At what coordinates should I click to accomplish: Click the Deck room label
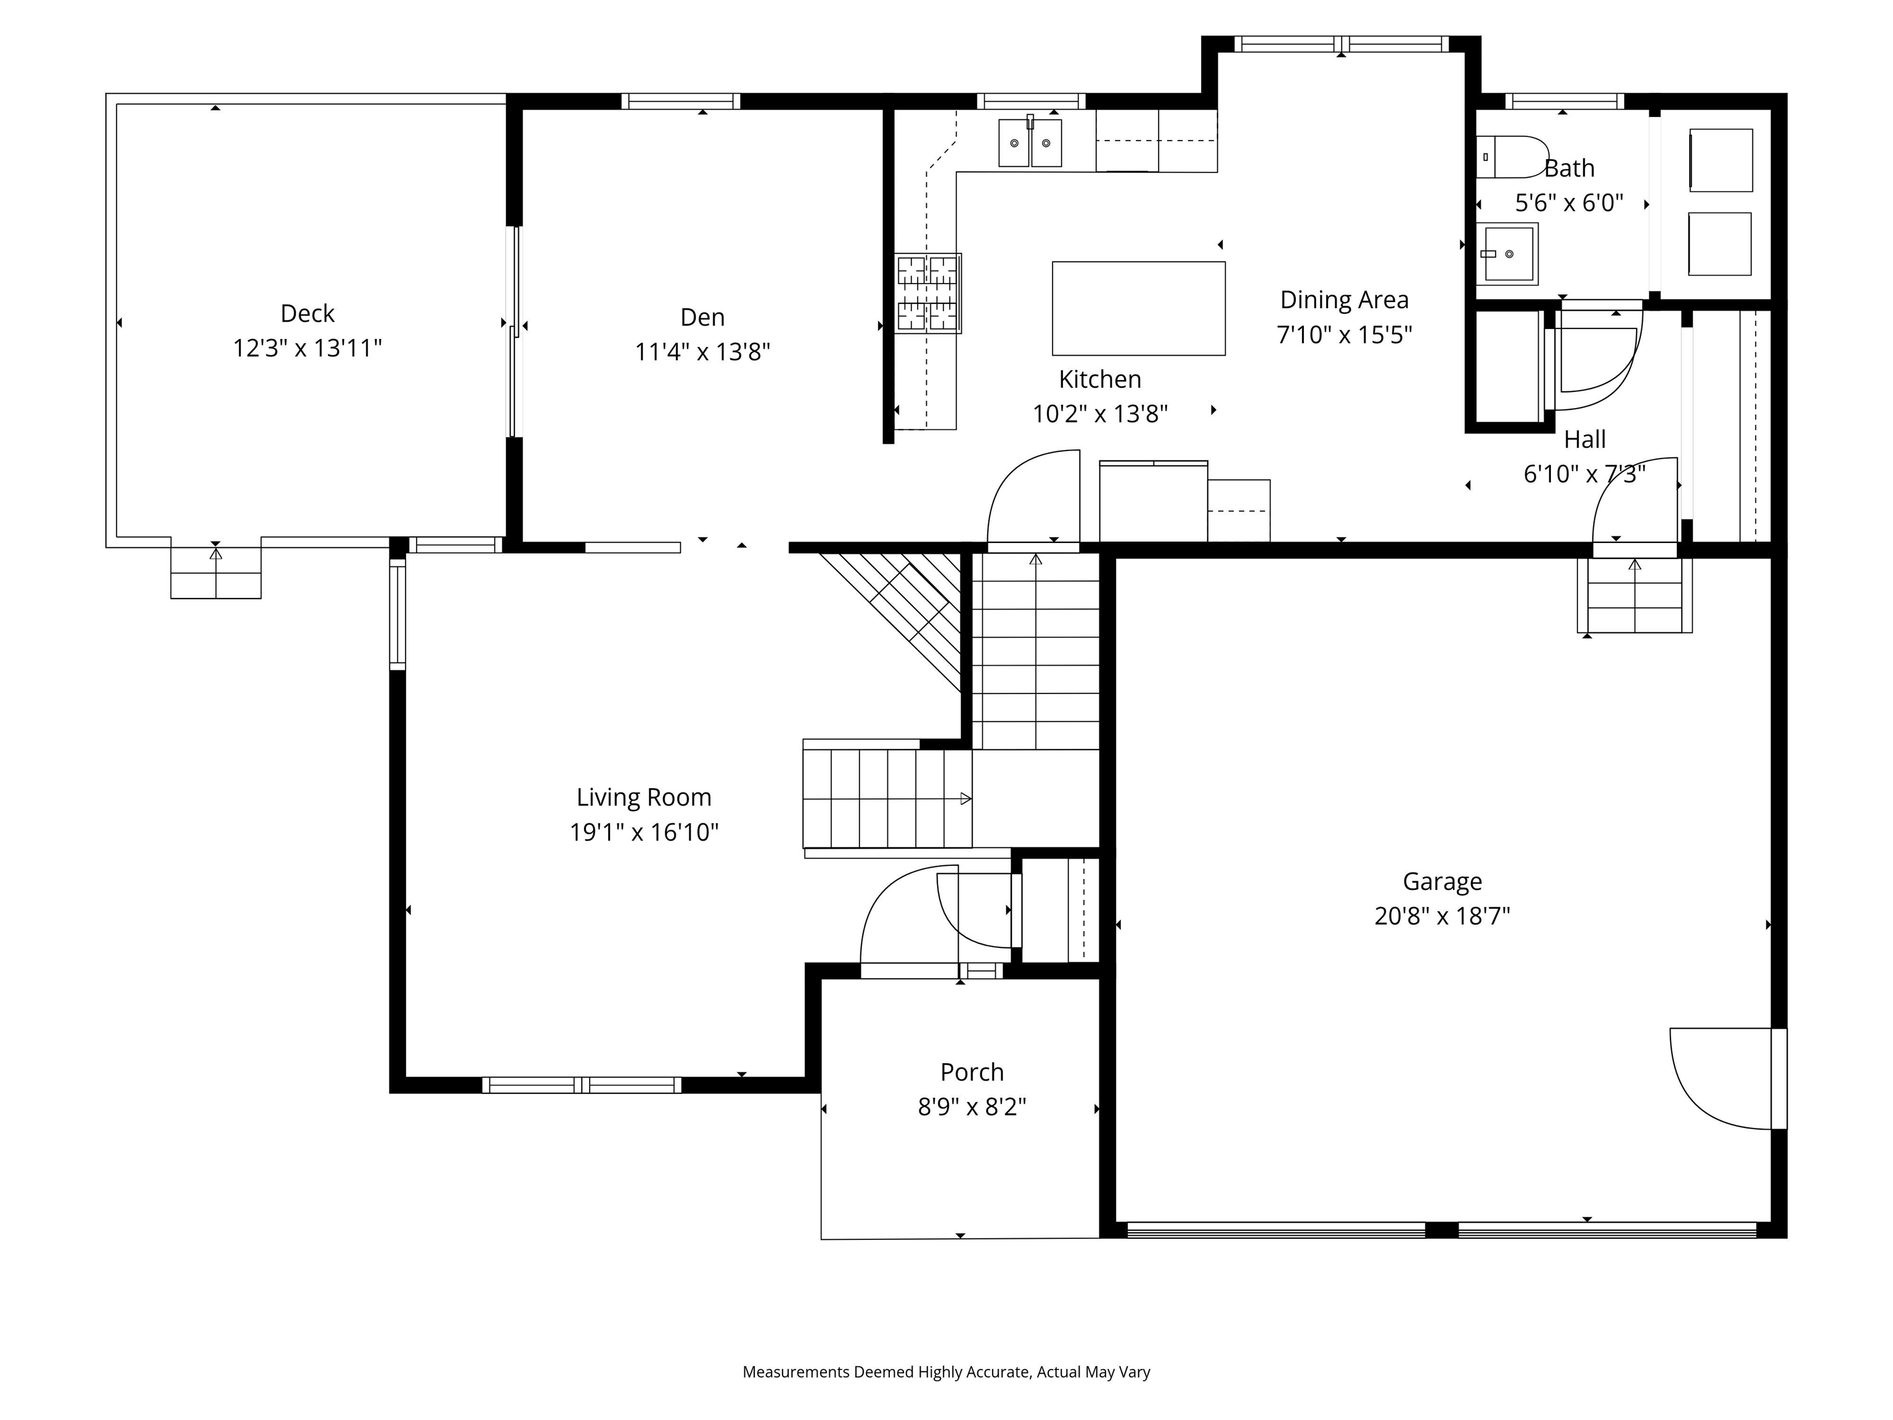[x=307, y=313]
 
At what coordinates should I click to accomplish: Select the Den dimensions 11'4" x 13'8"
[x=702, y=352]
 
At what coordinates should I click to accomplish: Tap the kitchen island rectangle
[x=1138, y=308]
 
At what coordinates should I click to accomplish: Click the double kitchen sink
[x=1030, y=143]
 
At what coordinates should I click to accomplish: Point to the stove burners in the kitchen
[x=927, y=293]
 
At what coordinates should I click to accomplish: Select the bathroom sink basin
[x=1508, y=253]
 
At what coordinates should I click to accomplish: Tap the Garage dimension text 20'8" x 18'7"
[x=1442, y=916]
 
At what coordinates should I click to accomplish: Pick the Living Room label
[x=643, y=797]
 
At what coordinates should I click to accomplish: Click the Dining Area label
[x=1343, y=300]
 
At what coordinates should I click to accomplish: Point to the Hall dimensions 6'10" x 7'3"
[x=1584, y=473]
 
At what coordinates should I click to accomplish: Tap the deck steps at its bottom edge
[x=216, y=573]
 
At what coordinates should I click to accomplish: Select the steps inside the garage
[x=1635, y=596]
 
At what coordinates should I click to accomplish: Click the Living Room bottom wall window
[x=582, y=1085]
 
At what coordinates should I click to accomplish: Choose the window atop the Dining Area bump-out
[x=1341, y=44]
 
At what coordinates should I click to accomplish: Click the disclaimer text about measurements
[x=946, y=1372]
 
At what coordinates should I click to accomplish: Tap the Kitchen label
[x=1100, y=379]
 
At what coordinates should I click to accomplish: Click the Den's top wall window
[x=680, y=101]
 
